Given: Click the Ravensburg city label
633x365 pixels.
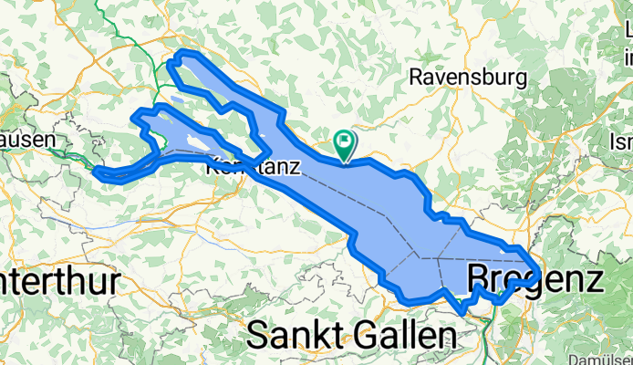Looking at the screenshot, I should tap(468, 78).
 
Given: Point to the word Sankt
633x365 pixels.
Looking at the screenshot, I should tap(291, 335).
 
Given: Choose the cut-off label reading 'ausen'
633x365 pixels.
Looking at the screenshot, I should tap(28, 141).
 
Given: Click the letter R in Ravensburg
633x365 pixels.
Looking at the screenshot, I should tap(416, 78).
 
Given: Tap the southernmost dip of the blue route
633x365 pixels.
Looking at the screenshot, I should tap(462, 310).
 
